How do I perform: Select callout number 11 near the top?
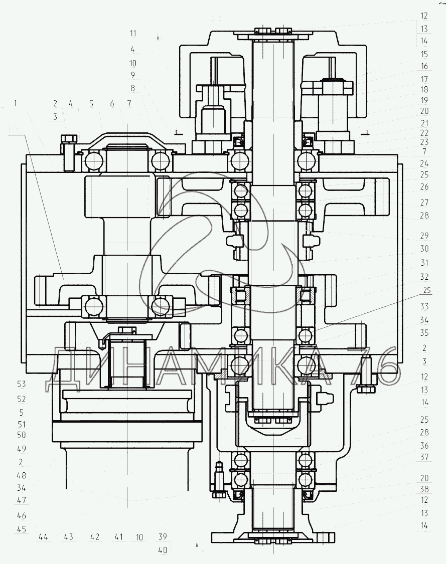pos(133,34)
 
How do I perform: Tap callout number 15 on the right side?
pos(424,54)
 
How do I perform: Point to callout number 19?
pos(424,100)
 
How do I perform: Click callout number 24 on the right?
pos(424,163)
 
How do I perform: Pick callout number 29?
pos(424,235)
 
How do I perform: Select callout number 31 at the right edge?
pos(424,262)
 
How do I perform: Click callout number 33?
pos(424,306)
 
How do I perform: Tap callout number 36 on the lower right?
pos(424,445)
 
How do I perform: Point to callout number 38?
pos(424,489)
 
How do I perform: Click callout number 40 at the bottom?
pos(163,550)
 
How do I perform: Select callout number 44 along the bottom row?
pos(43,537)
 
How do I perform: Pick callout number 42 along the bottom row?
pos(94,537)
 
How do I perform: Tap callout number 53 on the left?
pos(22,384)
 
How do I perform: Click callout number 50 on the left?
pos(22,435)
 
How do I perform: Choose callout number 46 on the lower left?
pos(22,515)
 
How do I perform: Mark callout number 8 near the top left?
pos(133,88)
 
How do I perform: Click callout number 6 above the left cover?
pos(112,104)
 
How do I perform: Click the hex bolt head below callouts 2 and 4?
pos(68,138)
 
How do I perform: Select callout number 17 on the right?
pos(424,79)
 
